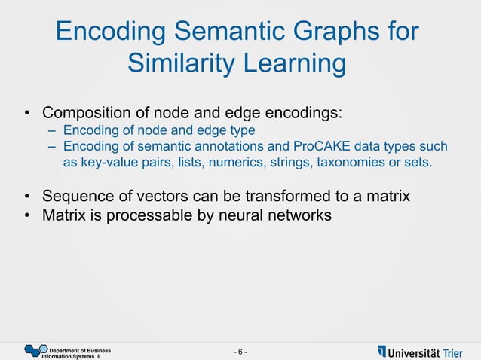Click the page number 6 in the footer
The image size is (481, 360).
point(240,352)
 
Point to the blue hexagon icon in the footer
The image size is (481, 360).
point(35,350)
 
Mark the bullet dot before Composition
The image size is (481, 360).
point(26,114)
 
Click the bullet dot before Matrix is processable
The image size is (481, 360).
point(26,216)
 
